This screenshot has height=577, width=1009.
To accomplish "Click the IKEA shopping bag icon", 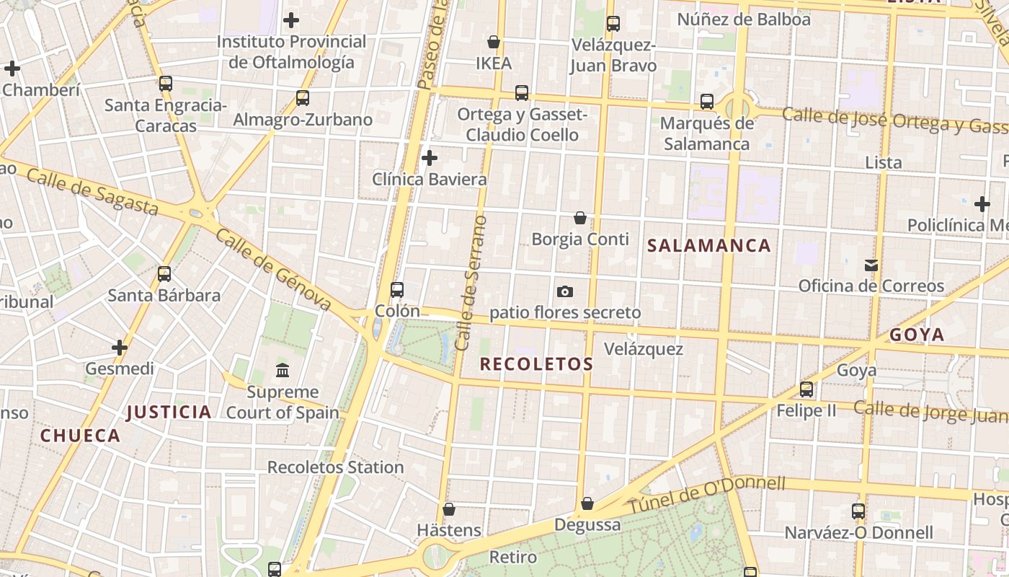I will click(x=494, y=42).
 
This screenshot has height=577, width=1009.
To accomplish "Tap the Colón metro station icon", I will click(x=396, y=290).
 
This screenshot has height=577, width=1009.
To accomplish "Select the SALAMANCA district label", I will click(x=709, y=246).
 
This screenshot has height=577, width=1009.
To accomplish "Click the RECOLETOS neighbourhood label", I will click(x=536, y=364).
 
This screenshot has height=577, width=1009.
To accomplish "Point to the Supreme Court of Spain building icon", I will click(x=283, y=371).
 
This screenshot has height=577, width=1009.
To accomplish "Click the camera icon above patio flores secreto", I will click(x=565, y=291).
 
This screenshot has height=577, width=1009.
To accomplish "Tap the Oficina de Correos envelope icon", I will click(x=871, y=265).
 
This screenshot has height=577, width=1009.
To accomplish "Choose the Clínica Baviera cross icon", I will click(x=430, y=158).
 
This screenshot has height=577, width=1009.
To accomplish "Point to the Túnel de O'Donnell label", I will click(x=706, y=495).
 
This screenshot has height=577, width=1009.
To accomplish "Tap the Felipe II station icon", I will click(x=806, y=389).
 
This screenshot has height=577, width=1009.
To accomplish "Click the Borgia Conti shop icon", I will click(x=580, y=217).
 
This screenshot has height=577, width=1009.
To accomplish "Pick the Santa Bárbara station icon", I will click(x=164, y=274).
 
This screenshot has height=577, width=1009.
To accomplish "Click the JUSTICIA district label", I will click(x=169, y=413).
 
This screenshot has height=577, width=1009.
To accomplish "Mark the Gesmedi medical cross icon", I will click(x=120, y=348).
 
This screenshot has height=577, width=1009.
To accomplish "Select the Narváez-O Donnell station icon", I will click(x=858, y=511).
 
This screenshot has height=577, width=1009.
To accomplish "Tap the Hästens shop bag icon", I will click(x=449, y=509).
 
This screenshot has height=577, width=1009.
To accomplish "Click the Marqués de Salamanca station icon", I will click(x=707, y=102).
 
